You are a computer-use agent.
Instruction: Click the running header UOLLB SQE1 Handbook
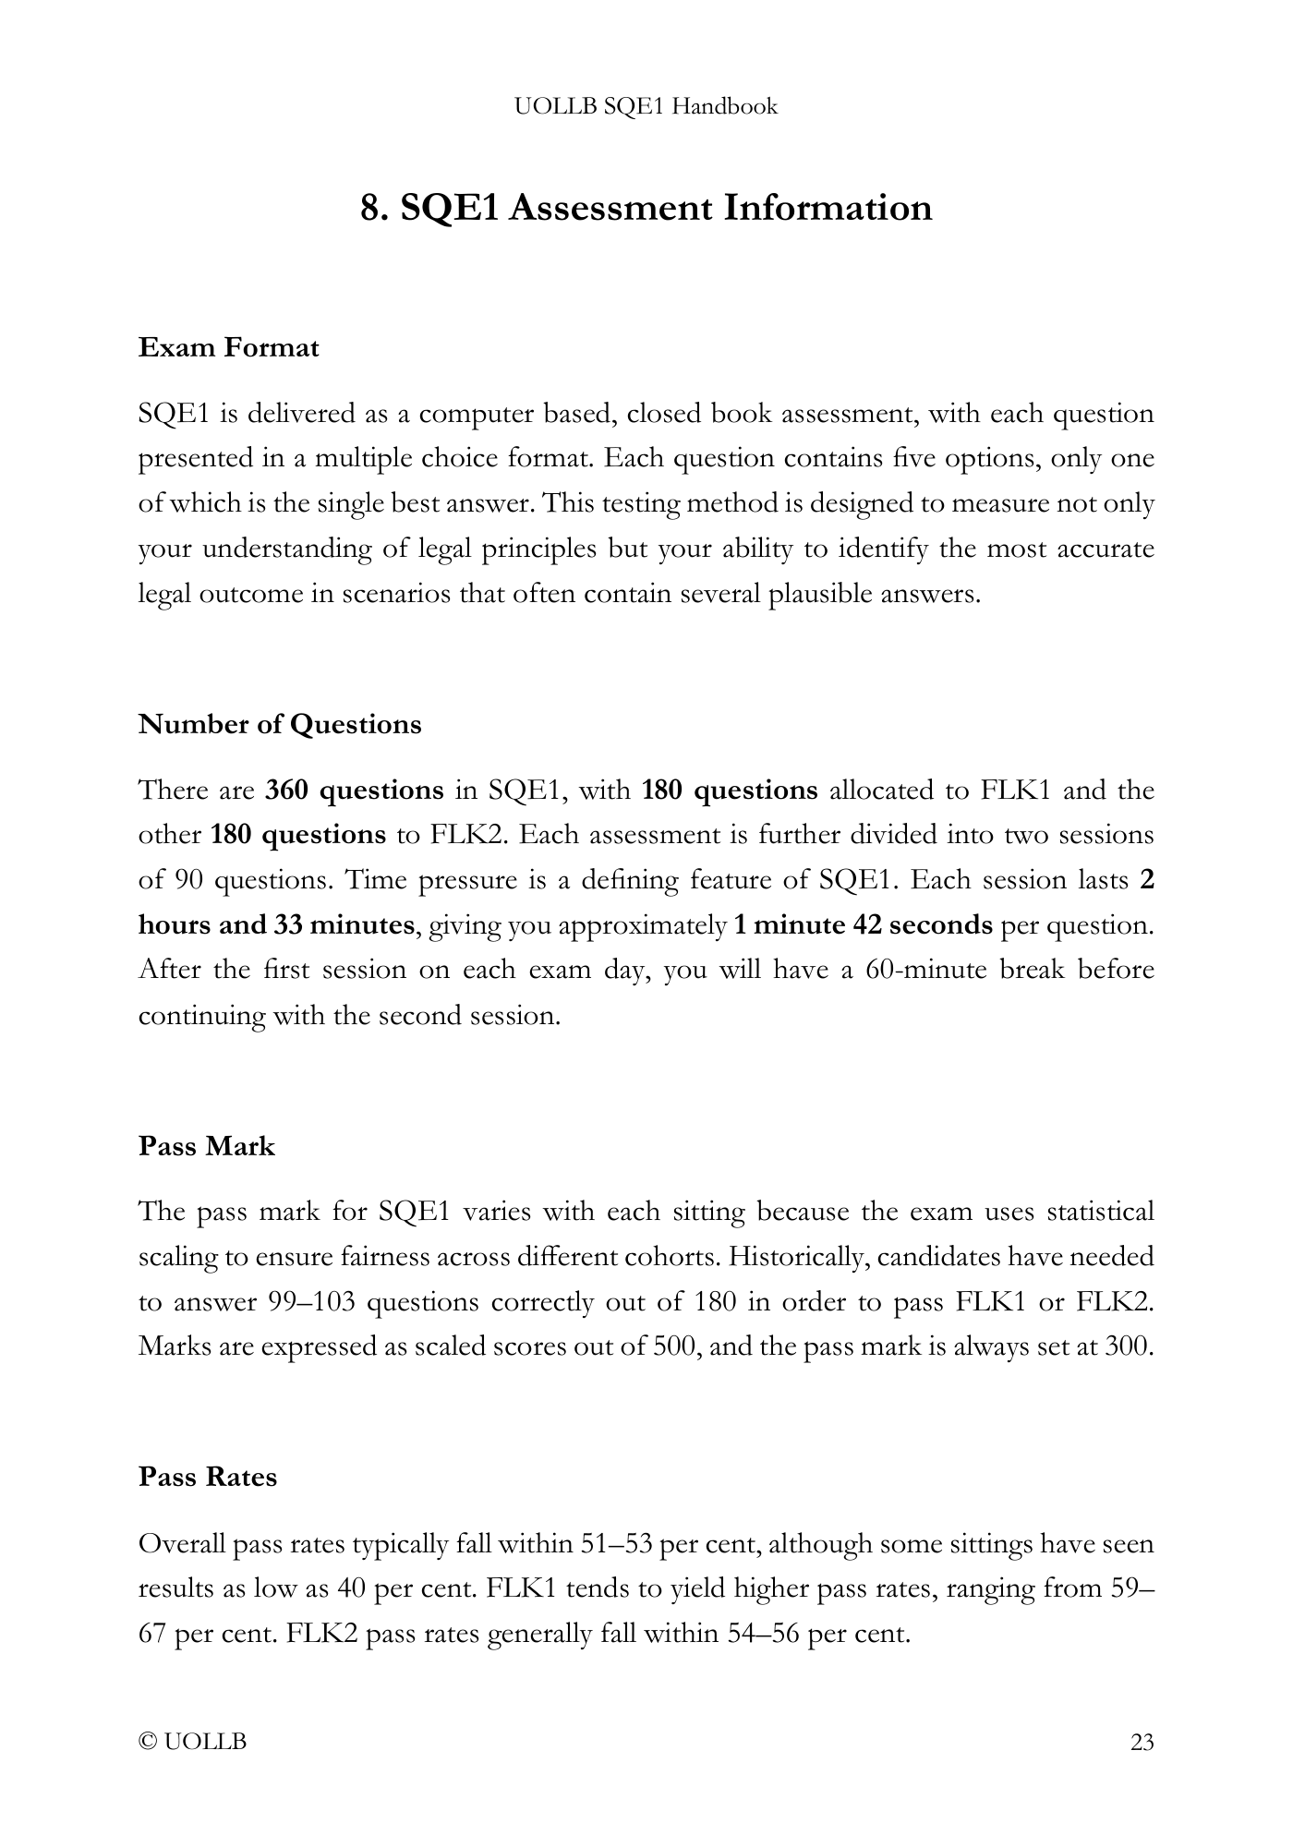coord(646,106)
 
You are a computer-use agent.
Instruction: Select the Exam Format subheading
coord(228,348)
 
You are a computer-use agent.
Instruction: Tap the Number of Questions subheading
coord(280,724)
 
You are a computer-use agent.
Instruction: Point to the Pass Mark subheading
coord(207,1146)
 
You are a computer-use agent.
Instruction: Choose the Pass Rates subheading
coord(208,1477)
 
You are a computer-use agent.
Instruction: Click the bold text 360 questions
coord(355,791)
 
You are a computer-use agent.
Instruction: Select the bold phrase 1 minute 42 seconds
coord(864,925)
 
